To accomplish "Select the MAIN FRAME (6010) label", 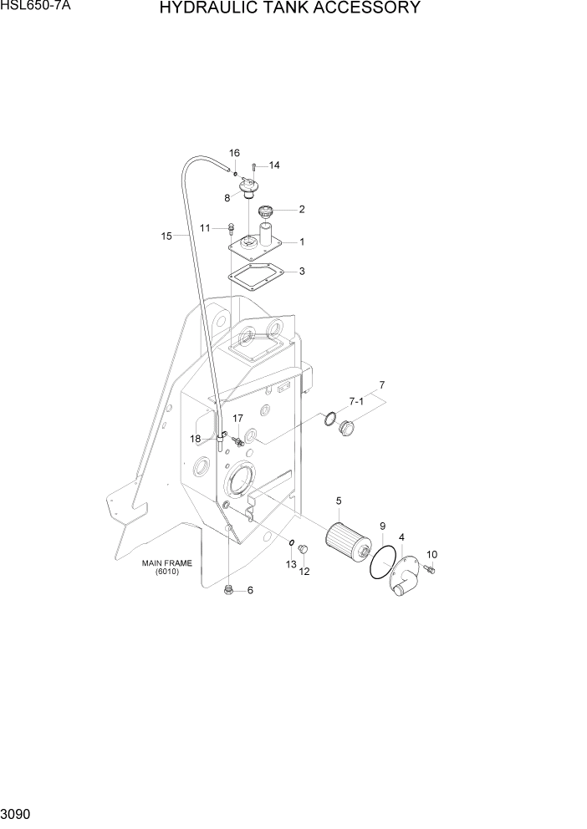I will tap(166, 567).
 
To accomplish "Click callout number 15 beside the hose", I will tap(166, 236).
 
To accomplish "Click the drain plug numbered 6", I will tap(228, 591).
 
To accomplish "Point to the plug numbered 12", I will tap(304, 548).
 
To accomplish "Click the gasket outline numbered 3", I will tap(255, 277).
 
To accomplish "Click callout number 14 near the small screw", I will tap(273, 165).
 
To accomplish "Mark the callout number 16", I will tap(234, 153).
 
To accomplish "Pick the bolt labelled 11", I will tap(229, 226).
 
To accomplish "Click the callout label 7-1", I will tap(356, 402).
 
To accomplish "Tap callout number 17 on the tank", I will tap(237, 418).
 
